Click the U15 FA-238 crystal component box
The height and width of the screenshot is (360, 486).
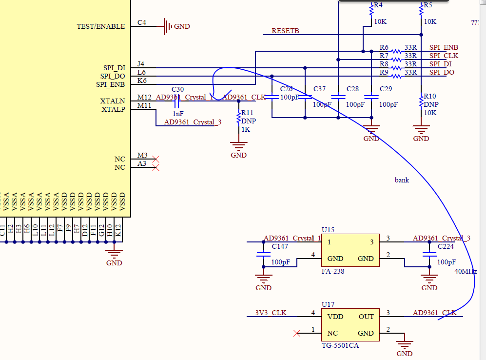tap(350, 250)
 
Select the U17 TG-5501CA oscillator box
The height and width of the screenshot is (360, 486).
tap(350, 325)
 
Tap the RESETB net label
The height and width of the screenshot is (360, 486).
tap(285, 31)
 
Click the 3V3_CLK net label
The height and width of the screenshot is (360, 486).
tap(271, 313)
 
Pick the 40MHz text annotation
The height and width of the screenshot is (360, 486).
tap(465, 272)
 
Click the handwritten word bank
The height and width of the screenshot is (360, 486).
tap(402, 180)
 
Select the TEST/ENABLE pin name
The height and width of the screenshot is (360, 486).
tap(100, 26)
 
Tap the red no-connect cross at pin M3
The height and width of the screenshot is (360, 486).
tap(156, 159)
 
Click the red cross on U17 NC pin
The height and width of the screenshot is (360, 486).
tap(297, 333)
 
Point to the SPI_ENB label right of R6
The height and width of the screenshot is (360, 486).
tap(444, 47)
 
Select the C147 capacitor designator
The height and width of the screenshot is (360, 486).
tap(280, 246)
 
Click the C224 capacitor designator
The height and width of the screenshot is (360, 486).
tap(446, 246)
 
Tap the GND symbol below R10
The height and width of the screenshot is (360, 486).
tap(421, 131)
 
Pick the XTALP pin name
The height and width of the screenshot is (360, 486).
tap(113, 109)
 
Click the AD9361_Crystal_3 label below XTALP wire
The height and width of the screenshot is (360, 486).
tap(193, 122)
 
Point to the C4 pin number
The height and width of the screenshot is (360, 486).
tap(141, 22)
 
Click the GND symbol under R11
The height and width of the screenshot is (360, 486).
tap(238, 147)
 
